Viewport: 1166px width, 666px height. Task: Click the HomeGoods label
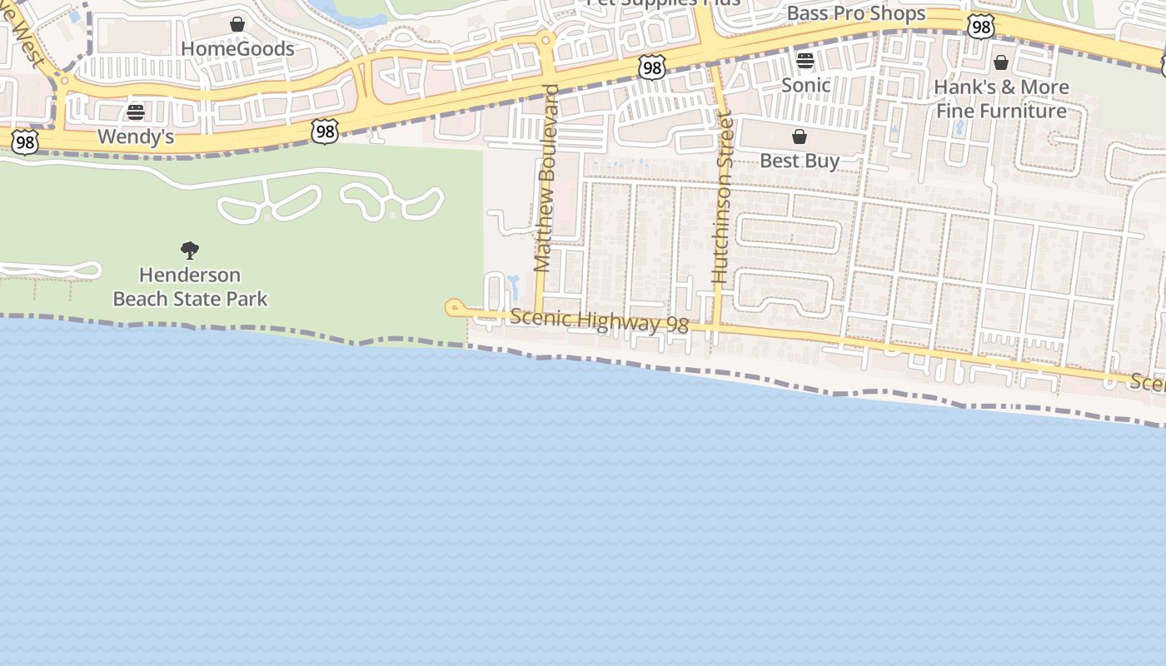(x=237, y=48)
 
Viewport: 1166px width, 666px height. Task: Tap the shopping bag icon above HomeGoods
(x=237, y=24)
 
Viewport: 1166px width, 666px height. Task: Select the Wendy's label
(x=136, y=137)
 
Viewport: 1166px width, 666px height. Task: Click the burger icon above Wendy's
(x=136, y=112)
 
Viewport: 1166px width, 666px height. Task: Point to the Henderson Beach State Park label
(x=190, y=286)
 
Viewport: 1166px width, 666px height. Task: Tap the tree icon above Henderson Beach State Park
(x=190, y=250)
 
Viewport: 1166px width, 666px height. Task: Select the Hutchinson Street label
(x=722, y=200)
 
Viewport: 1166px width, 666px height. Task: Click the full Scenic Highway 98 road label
(x=599, y=321)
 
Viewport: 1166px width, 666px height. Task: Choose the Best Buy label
(x=800, y=161)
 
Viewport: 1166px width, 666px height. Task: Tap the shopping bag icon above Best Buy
(x=800, y=137)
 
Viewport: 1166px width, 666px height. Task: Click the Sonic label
(x=805, y=85)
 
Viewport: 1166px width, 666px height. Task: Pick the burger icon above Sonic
(x=805, y=61)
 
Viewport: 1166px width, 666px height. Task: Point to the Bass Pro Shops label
(x=855, y=13)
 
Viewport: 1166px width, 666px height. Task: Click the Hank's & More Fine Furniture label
(x=1001, y=99)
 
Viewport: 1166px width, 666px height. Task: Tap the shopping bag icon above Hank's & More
(x=1001, y=62)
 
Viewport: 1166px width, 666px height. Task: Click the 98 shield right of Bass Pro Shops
(x=981, y=27)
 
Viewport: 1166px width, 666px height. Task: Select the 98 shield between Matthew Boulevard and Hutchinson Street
(x=652, y=67)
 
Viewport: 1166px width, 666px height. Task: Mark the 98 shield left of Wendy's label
(x=25, y=142)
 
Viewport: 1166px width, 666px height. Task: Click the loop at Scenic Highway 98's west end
(x=454, y=308)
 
